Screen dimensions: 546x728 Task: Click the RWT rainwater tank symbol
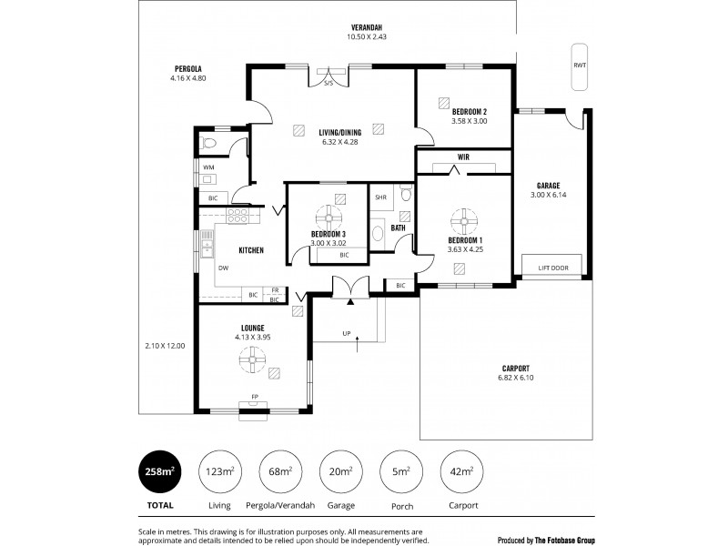[580, 66]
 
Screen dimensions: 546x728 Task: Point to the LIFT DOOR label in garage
[554, 268]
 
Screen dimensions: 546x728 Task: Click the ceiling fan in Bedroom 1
[464, 218]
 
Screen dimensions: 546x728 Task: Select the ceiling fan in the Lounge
[251, 361]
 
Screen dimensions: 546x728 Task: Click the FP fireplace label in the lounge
[255, 396]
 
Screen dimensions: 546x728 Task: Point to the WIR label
[464, 156]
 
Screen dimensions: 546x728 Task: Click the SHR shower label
[381, 197]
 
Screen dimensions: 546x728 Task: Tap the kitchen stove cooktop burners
[238, 216]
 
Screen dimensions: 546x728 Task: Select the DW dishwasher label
[222, 268]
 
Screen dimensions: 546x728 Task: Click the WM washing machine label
[208, 167]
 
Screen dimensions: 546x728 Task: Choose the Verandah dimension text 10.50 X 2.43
[367, 37]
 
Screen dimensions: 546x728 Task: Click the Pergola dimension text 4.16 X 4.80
[188, 78]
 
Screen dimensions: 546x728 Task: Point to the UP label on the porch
[347, 333]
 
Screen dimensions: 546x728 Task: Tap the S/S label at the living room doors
[329, 84]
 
